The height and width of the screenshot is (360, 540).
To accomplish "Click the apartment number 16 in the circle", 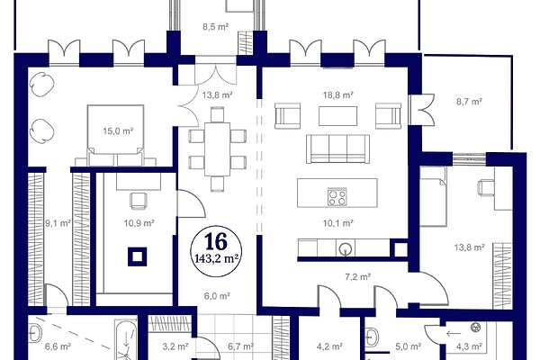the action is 216,241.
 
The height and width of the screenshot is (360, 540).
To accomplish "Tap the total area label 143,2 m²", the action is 216,258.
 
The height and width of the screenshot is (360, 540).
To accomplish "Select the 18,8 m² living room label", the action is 337,94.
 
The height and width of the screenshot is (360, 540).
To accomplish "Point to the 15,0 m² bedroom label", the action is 118,130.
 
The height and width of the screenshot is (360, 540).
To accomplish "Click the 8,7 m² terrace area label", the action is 469,102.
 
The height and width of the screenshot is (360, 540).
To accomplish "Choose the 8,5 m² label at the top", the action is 216,26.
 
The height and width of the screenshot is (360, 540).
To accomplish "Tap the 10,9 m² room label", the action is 139,223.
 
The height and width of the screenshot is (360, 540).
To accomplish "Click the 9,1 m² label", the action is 58,223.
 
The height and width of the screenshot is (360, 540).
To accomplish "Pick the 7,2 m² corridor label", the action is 358,276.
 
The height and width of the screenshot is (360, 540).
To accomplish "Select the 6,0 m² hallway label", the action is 217,296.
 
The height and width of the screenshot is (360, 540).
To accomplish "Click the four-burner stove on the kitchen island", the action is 337,197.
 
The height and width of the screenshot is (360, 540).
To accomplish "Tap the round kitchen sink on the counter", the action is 346,248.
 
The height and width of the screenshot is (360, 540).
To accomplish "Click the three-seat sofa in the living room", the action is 337,148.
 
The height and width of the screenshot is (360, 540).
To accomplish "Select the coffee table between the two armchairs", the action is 337,116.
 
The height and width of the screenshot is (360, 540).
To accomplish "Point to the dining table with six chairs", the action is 217,149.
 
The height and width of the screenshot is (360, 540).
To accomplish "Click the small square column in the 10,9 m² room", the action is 138,256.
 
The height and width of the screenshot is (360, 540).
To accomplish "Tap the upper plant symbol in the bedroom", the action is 41,85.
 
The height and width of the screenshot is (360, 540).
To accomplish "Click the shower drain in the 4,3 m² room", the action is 475,327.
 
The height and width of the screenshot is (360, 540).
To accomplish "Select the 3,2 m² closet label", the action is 175,346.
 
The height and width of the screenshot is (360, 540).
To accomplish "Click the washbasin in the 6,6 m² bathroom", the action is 35,332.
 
